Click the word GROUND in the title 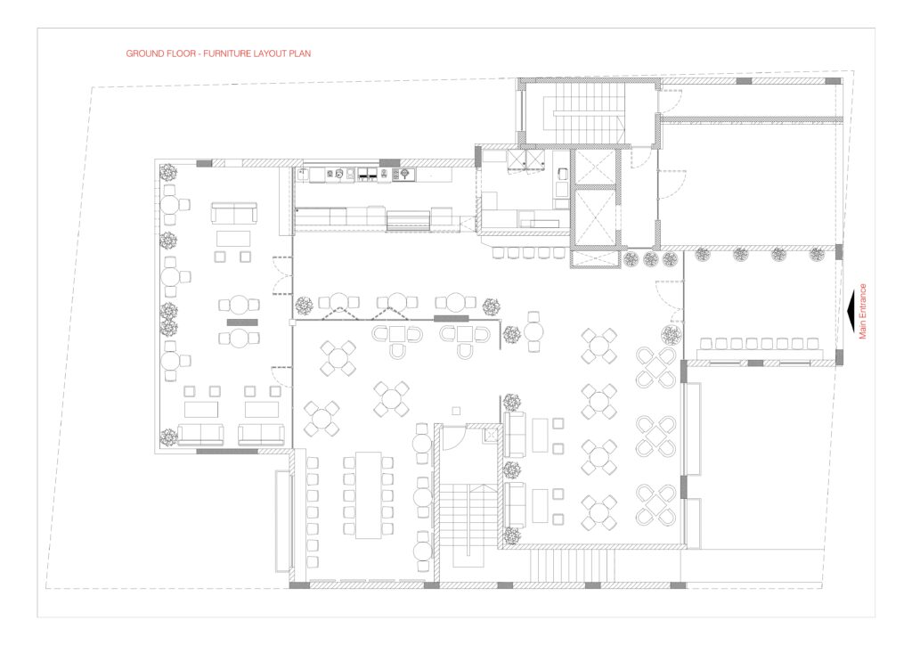point(142,53)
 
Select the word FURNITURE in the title point(227,53)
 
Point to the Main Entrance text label point(862,311)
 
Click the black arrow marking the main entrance point(851,311)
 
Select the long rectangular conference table point(368,495)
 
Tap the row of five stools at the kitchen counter point(529,253)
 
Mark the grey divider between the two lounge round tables point(242,322)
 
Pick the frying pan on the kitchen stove point(404,173)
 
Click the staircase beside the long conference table point(462,518)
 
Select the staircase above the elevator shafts point(583,112)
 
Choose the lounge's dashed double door point(283,276)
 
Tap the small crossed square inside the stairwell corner point(492,435)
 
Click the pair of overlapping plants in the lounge point(168,319)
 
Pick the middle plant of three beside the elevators point(650,259)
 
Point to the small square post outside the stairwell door point(456,412)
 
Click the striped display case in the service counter point(408,220)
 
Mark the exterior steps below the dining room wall point(571,566)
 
